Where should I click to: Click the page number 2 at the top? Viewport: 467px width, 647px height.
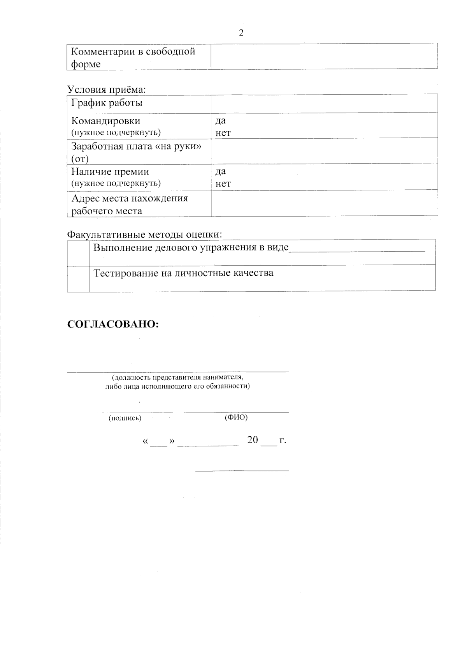[x=241, y=33]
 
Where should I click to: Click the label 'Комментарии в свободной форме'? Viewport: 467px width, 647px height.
[x=133, y=57]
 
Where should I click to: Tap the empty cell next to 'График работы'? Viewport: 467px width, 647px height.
[x=324, y=103]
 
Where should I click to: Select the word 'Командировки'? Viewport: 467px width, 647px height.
[x=106, y=121]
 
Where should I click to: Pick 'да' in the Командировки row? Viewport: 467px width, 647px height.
[x=221, y=120]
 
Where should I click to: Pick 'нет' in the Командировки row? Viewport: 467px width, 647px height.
[x=223, y=133]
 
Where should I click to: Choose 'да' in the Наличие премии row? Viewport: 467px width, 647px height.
[x=221, y=171]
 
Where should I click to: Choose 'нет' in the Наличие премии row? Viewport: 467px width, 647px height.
[x=223, y=183]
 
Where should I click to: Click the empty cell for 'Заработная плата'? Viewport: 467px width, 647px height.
[x=324, y=150]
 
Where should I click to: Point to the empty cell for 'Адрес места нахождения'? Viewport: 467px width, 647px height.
[x=324, y=203]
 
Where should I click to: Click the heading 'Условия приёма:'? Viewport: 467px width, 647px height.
[x=107, y=89]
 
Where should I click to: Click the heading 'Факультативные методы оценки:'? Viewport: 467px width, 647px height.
[x=145, y=234]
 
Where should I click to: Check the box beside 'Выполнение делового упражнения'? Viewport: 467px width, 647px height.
[x=78, y=252]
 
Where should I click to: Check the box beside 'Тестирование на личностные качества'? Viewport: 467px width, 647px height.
[x=78, y=278]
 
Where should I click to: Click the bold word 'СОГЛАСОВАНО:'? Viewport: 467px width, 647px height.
[x=113, y=324]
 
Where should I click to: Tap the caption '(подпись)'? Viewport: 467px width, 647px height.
[x=125, y=418]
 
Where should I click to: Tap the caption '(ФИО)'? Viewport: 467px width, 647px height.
[x=236, y=417]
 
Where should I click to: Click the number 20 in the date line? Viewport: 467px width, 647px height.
[x=253, y=440]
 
